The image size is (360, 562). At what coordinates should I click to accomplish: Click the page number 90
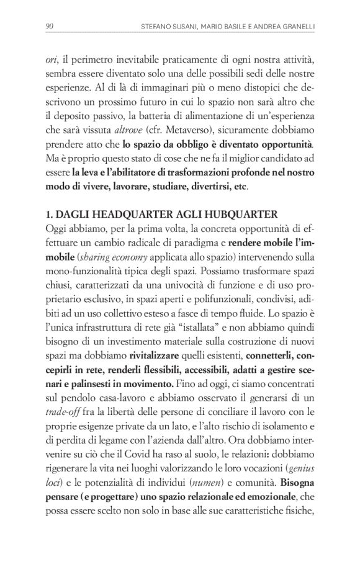(50, 25)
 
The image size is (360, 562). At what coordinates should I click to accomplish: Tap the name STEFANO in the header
(157, 25)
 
